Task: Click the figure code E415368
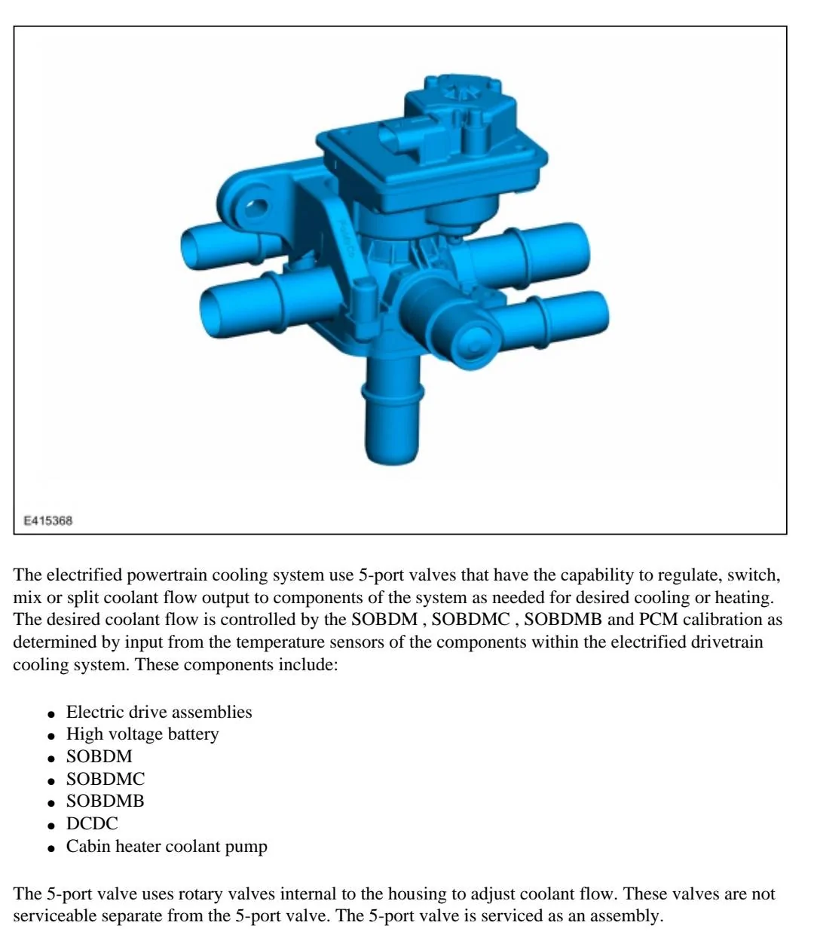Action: (47, 521)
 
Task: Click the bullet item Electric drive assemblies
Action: (159, 712)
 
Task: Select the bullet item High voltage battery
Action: (142, 734)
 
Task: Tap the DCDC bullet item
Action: (92, 823)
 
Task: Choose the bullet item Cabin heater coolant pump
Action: (167, 846)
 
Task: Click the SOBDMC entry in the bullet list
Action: (106, 779)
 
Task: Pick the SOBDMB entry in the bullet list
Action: (106, 801)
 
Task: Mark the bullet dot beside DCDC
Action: (51, 826)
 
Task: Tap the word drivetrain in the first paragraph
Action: (727, 642)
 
